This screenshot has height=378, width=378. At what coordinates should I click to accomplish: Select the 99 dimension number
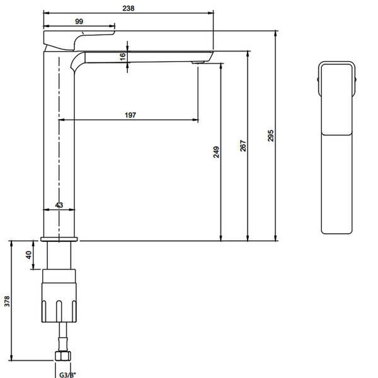click(79, 21)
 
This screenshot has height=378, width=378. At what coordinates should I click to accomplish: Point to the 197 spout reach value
click(130, 115)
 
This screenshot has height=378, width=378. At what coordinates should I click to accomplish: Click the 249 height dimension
click(215, 152)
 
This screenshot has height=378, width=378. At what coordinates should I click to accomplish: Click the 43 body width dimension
click(59, 205)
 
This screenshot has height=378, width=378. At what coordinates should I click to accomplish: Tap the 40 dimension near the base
click(28, 255)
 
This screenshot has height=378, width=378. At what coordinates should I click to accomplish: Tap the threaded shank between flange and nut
click(60, 255)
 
